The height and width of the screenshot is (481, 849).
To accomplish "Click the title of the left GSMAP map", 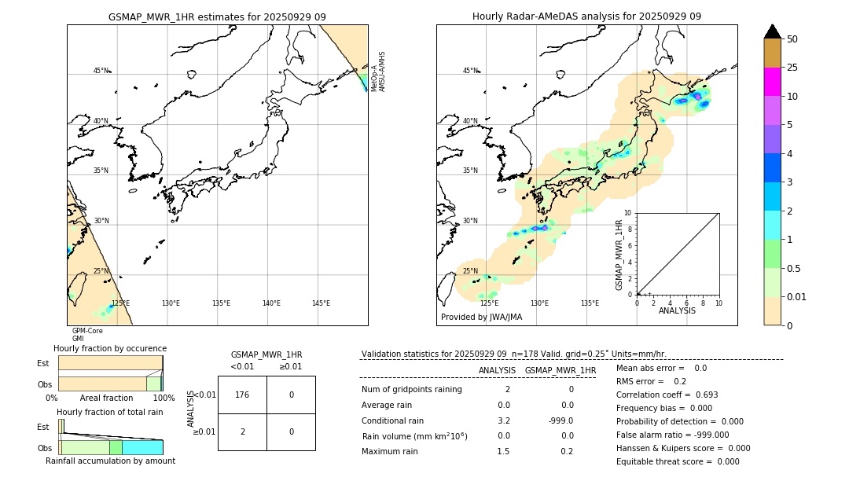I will click(x=217, y=17).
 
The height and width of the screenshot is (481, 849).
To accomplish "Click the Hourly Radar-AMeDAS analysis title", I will click(x=586, y=17).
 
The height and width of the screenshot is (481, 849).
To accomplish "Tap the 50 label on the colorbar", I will click(x=792, y=39).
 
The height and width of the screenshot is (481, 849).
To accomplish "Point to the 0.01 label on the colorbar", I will click(x=796, y=296).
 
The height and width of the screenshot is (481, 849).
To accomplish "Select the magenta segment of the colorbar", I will click(x=772, y=82).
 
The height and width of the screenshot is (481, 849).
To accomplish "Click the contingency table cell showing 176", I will click(x=242, y=395).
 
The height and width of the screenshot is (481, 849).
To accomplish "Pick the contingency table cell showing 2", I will click(x=242, y=431).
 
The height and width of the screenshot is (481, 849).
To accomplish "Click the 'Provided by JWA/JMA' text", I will click(x=481, y=318).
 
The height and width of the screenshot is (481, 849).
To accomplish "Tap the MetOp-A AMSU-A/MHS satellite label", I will click(x=378, y=72).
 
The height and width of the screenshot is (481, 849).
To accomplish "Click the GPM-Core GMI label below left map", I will click(x=86, y=335).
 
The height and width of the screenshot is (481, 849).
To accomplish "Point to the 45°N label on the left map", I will click(x=101, y=71).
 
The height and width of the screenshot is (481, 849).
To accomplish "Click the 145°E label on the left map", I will click(x=321, y=303).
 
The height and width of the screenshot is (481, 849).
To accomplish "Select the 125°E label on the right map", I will click(x=489, y=303).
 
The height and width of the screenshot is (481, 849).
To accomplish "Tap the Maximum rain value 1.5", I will click(x=503, y=451).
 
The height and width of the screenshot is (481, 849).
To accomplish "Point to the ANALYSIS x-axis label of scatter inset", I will click(x=677, y=310).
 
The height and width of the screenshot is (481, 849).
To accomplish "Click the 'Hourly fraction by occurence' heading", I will click(x=110, y=348).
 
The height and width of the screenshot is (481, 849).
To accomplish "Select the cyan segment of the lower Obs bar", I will click(x=142, y=447).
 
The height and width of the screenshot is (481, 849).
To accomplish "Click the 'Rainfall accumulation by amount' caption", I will click(x=110, y=461).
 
